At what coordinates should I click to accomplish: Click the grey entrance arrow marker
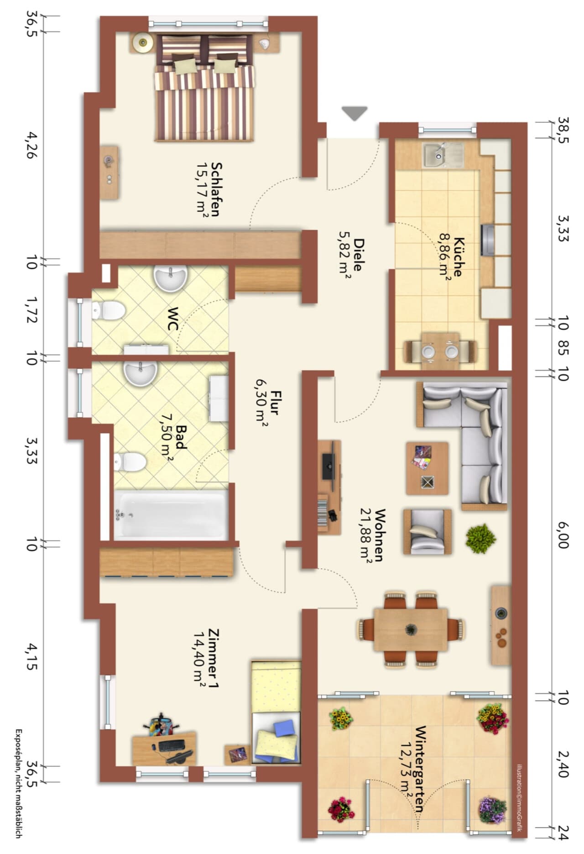(x=355, y=113)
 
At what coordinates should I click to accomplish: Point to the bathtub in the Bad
(x=170, y=515)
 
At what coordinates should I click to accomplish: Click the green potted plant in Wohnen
(x=480, y=539)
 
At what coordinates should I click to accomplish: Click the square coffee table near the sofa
(x=427, y=468)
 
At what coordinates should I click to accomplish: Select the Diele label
(x=359, y=254)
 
